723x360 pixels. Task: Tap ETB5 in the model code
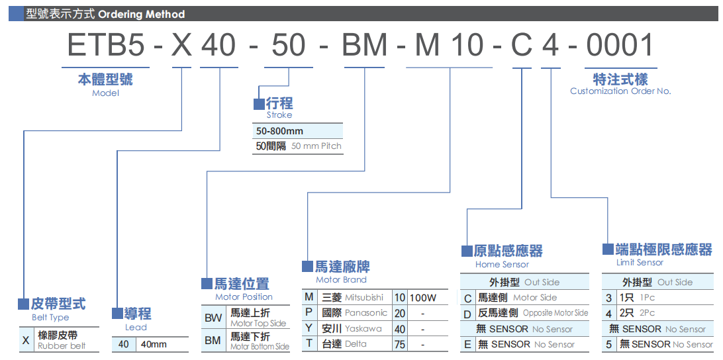(x=106, y=46)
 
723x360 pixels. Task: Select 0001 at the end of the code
(x=620, y=46)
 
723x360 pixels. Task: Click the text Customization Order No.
(x=620, y=91)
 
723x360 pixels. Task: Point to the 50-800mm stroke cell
(x=279, y=131)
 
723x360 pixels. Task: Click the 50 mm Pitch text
(x=316, y=146)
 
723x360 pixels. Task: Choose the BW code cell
(x=213, y=318)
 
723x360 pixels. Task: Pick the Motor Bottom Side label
(x=260, y=346)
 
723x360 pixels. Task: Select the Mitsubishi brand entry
(x=364, y=298)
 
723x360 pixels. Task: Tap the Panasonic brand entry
(x=366, y=313)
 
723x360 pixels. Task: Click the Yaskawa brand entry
(x=363, y=328)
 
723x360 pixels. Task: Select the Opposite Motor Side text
(x=555, y=313)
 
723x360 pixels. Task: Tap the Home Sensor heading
(x=502, y=265)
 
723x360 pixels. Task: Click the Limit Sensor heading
(x=640, y=263)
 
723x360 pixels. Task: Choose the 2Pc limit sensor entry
(x=647, y=313)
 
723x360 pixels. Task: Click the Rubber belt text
(x=62, y=346)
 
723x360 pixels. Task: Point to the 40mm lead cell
(x=154, y=344)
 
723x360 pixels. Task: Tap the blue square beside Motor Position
(x=207, y=284)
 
